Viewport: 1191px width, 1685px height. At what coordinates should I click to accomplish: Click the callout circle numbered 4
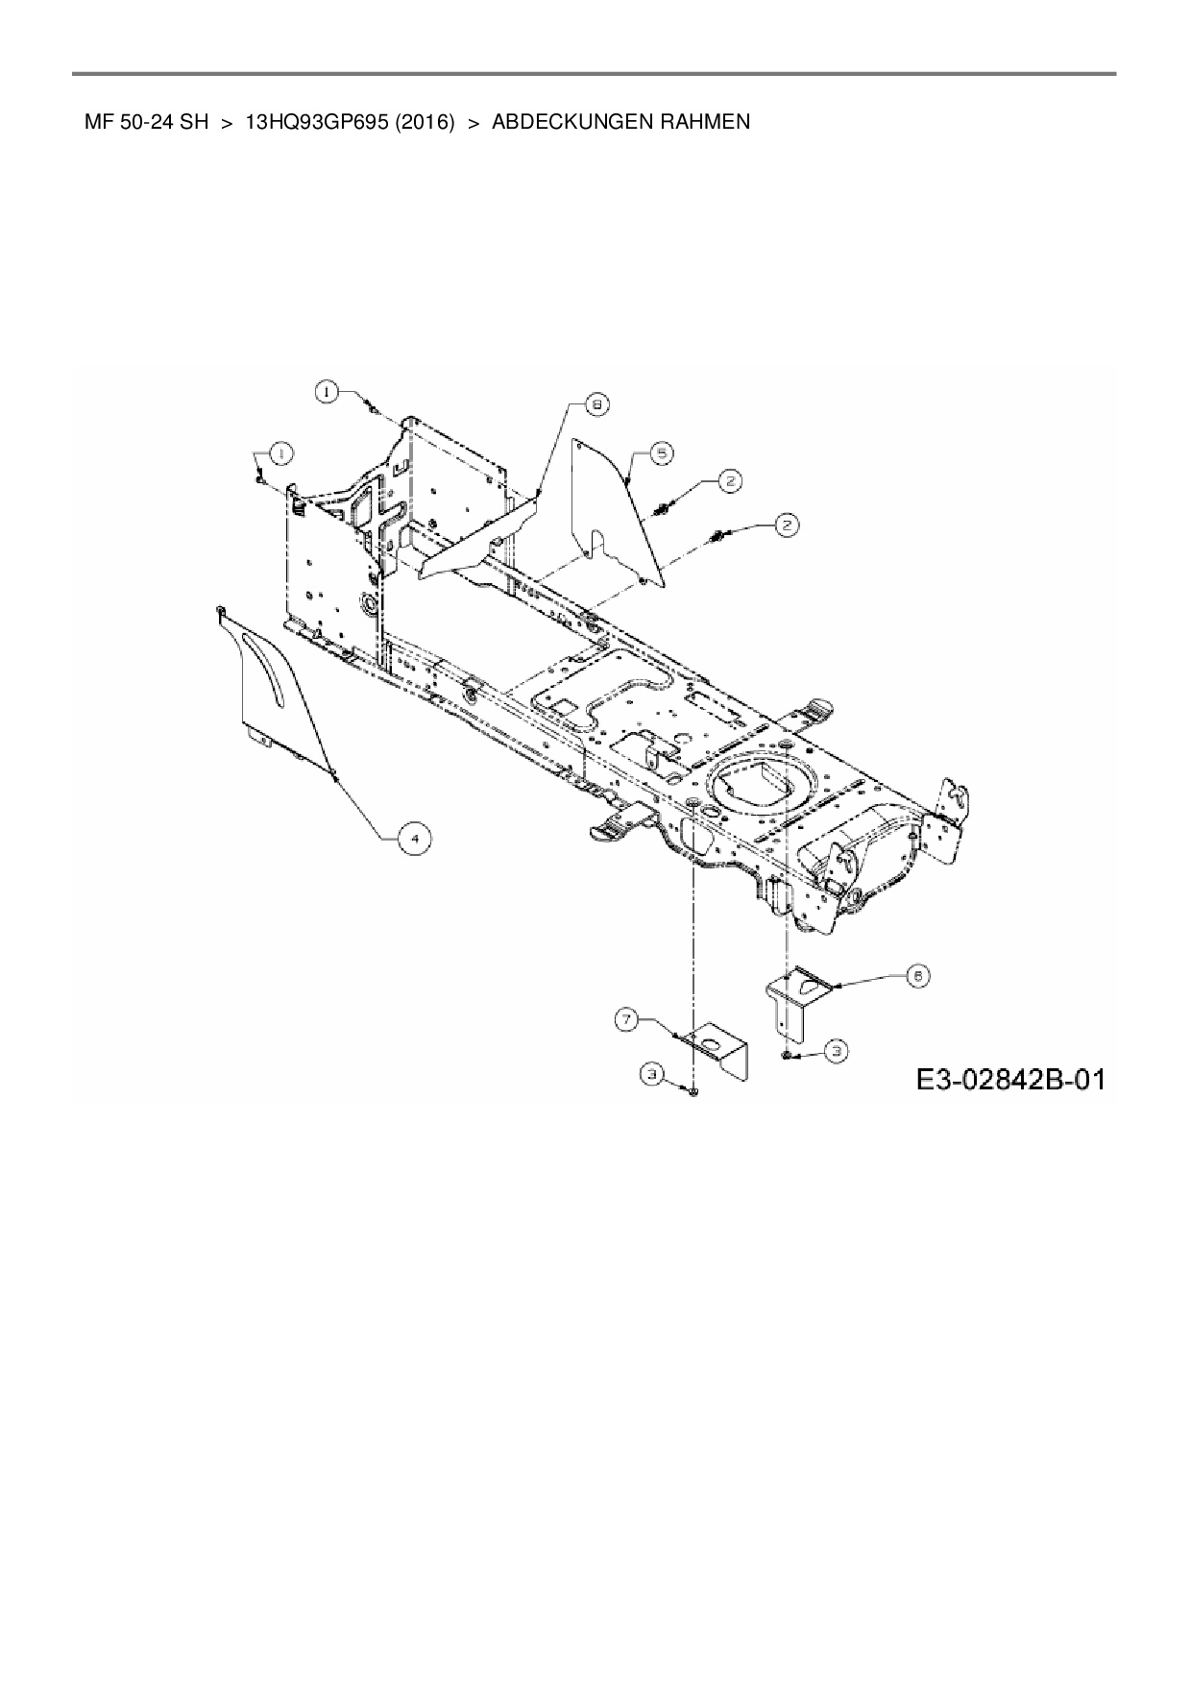tap(414, 839)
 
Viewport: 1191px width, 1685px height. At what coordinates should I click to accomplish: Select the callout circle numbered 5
tap(662, 453)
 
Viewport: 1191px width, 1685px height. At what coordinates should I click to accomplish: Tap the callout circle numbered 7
tap(626, 1020)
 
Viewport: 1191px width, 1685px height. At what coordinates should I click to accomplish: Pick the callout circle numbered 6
tap(918, 976)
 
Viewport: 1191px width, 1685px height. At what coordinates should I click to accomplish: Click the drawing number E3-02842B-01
tap(1009, 1080)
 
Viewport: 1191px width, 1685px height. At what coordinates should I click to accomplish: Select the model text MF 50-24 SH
tap(146, 122)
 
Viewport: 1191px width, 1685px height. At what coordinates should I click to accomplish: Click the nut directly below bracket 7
tap(693, 1090)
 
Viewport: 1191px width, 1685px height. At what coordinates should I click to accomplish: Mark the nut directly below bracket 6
tap(787, 1055)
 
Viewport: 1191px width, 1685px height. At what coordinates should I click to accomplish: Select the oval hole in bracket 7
tap(711, 1042)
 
